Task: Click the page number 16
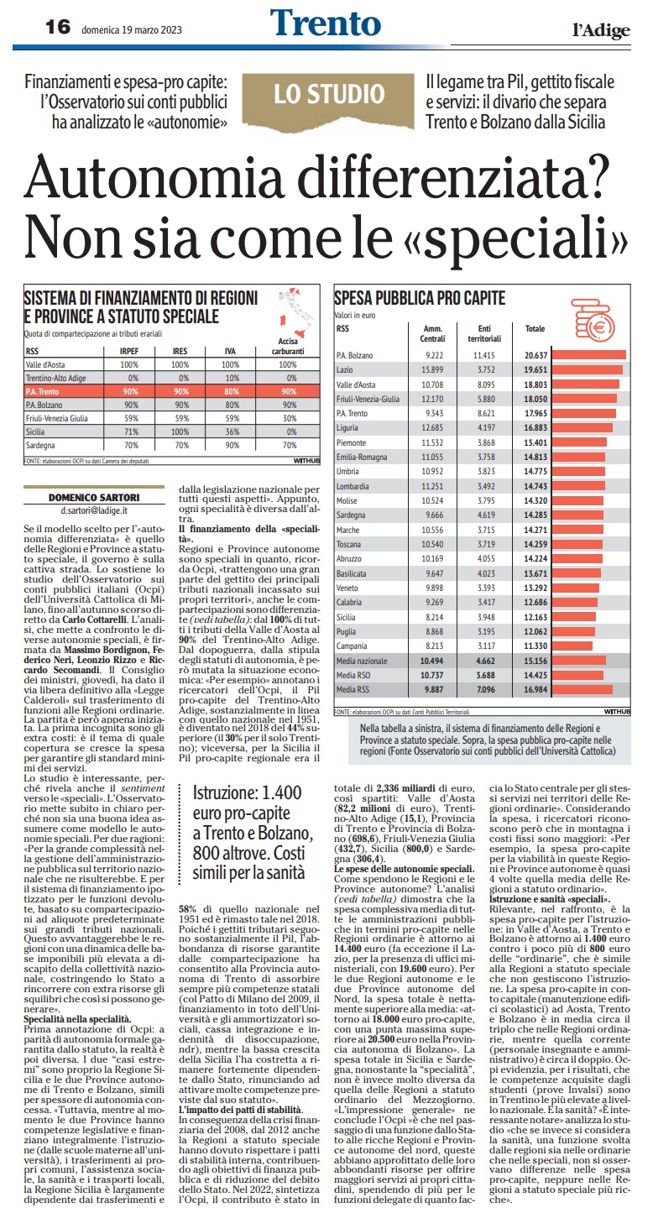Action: click(58, 27)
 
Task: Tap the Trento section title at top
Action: click(326, 23)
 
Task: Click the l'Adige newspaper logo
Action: click(601, 30)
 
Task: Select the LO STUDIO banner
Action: click(329, 94)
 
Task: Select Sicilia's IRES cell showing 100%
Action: click(180, 431)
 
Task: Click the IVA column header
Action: click(231, 351)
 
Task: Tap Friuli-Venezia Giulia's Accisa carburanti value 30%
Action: click(289, 418)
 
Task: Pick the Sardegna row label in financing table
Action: click(40, 445)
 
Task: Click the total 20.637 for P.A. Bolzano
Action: click(535, 355)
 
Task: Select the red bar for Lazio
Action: click(587, 370)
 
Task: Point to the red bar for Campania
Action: click(572, 646)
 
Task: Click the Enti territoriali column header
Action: click(484, 333)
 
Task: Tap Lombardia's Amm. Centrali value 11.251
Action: click(432, 486)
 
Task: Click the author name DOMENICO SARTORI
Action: click(94, 498)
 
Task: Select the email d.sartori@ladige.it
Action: click(94, 510)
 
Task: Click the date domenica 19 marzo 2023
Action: click(132, 29)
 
